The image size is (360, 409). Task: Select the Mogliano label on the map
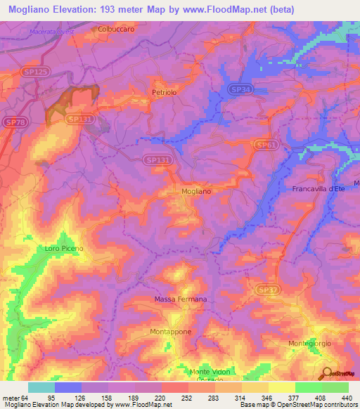coord(196,190)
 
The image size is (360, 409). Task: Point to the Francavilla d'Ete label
coord(316,189)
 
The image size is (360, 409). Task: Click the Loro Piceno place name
coord(64,248)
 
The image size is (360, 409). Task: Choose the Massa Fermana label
coord(180,299)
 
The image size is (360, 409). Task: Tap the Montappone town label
coord(170,331)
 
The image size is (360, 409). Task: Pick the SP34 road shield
coord(240,89)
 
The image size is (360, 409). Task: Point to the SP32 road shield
coord(264,289)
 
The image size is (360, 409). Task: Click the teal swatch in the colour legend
coord(41,387)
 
